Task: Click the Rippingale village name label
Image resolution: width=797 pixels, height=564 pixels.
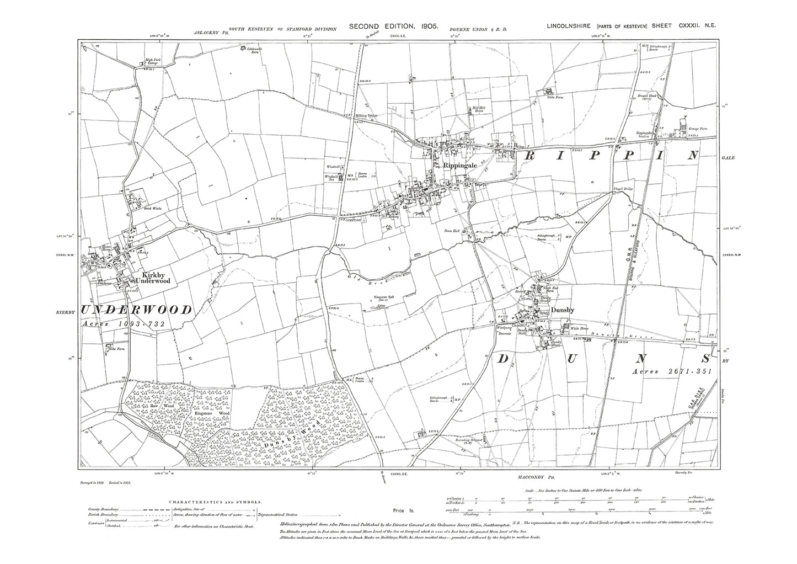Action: click(x=456, y=164)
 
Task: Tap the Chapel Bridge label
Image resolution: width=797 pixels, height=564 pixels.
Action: click(x=622, y=189)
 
